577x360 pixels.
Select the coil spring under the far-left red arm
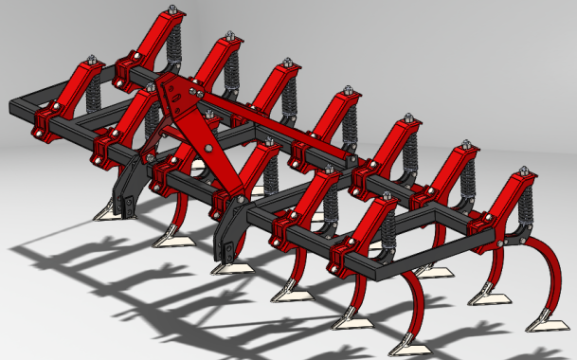click(x=95, y=95)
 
